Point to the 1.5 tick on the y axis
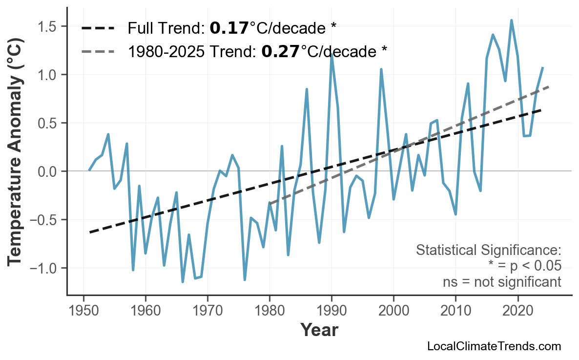point(49,26)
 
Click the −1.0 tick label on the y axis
point(46,268)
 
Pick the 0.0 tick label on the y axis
point(49,171)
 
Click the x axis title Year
point(319,330)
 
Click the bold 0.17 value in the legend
point(229,28)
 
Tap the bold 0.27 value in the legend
point(280,51)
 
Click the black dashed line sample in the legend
point(98,28)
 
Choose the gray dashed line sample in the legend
point(98,51)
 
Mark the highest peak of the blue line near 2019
point(511,21)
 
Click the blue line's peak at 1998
point(381,69)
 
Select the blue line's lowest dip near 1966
point(183,282)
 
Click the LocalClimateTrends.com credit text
point(494,347)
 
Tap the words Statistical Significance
point(488,251)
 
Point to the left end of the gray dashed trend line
point(270,203)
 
